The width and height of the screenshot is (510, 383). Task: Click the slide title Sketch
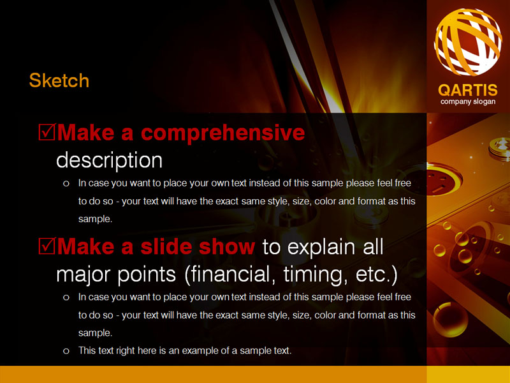[59, 80]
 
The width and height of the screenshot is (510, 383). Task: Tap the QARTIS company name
[468, 90]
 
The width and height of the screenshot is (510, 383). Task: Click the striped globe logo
[468, 41]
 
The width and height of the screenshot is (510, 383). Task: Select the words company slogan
[468, 101]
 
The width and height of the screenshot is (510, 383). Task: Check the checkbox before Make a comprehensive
[47, 132]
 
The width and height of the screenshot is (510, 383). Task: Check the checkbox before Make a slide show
[47, 246]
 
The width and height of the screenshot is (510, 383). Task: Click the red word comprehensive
[222, 133]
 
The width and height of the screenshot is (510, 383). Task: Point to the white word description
[109, 160]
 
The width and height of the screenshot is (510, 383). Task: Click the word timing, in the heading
[313, 275]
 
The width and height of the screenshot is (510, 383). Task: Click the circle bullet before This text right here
[66, 351]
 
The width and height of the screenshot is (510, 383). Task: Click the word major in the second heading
[84, 275]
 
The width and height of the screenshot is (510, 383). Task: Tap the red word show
[227, 246]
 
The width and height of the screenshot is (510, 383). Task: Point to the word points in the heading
[147, 275]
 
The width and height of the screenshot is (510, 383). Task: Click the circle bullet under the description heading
[66, 184]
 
